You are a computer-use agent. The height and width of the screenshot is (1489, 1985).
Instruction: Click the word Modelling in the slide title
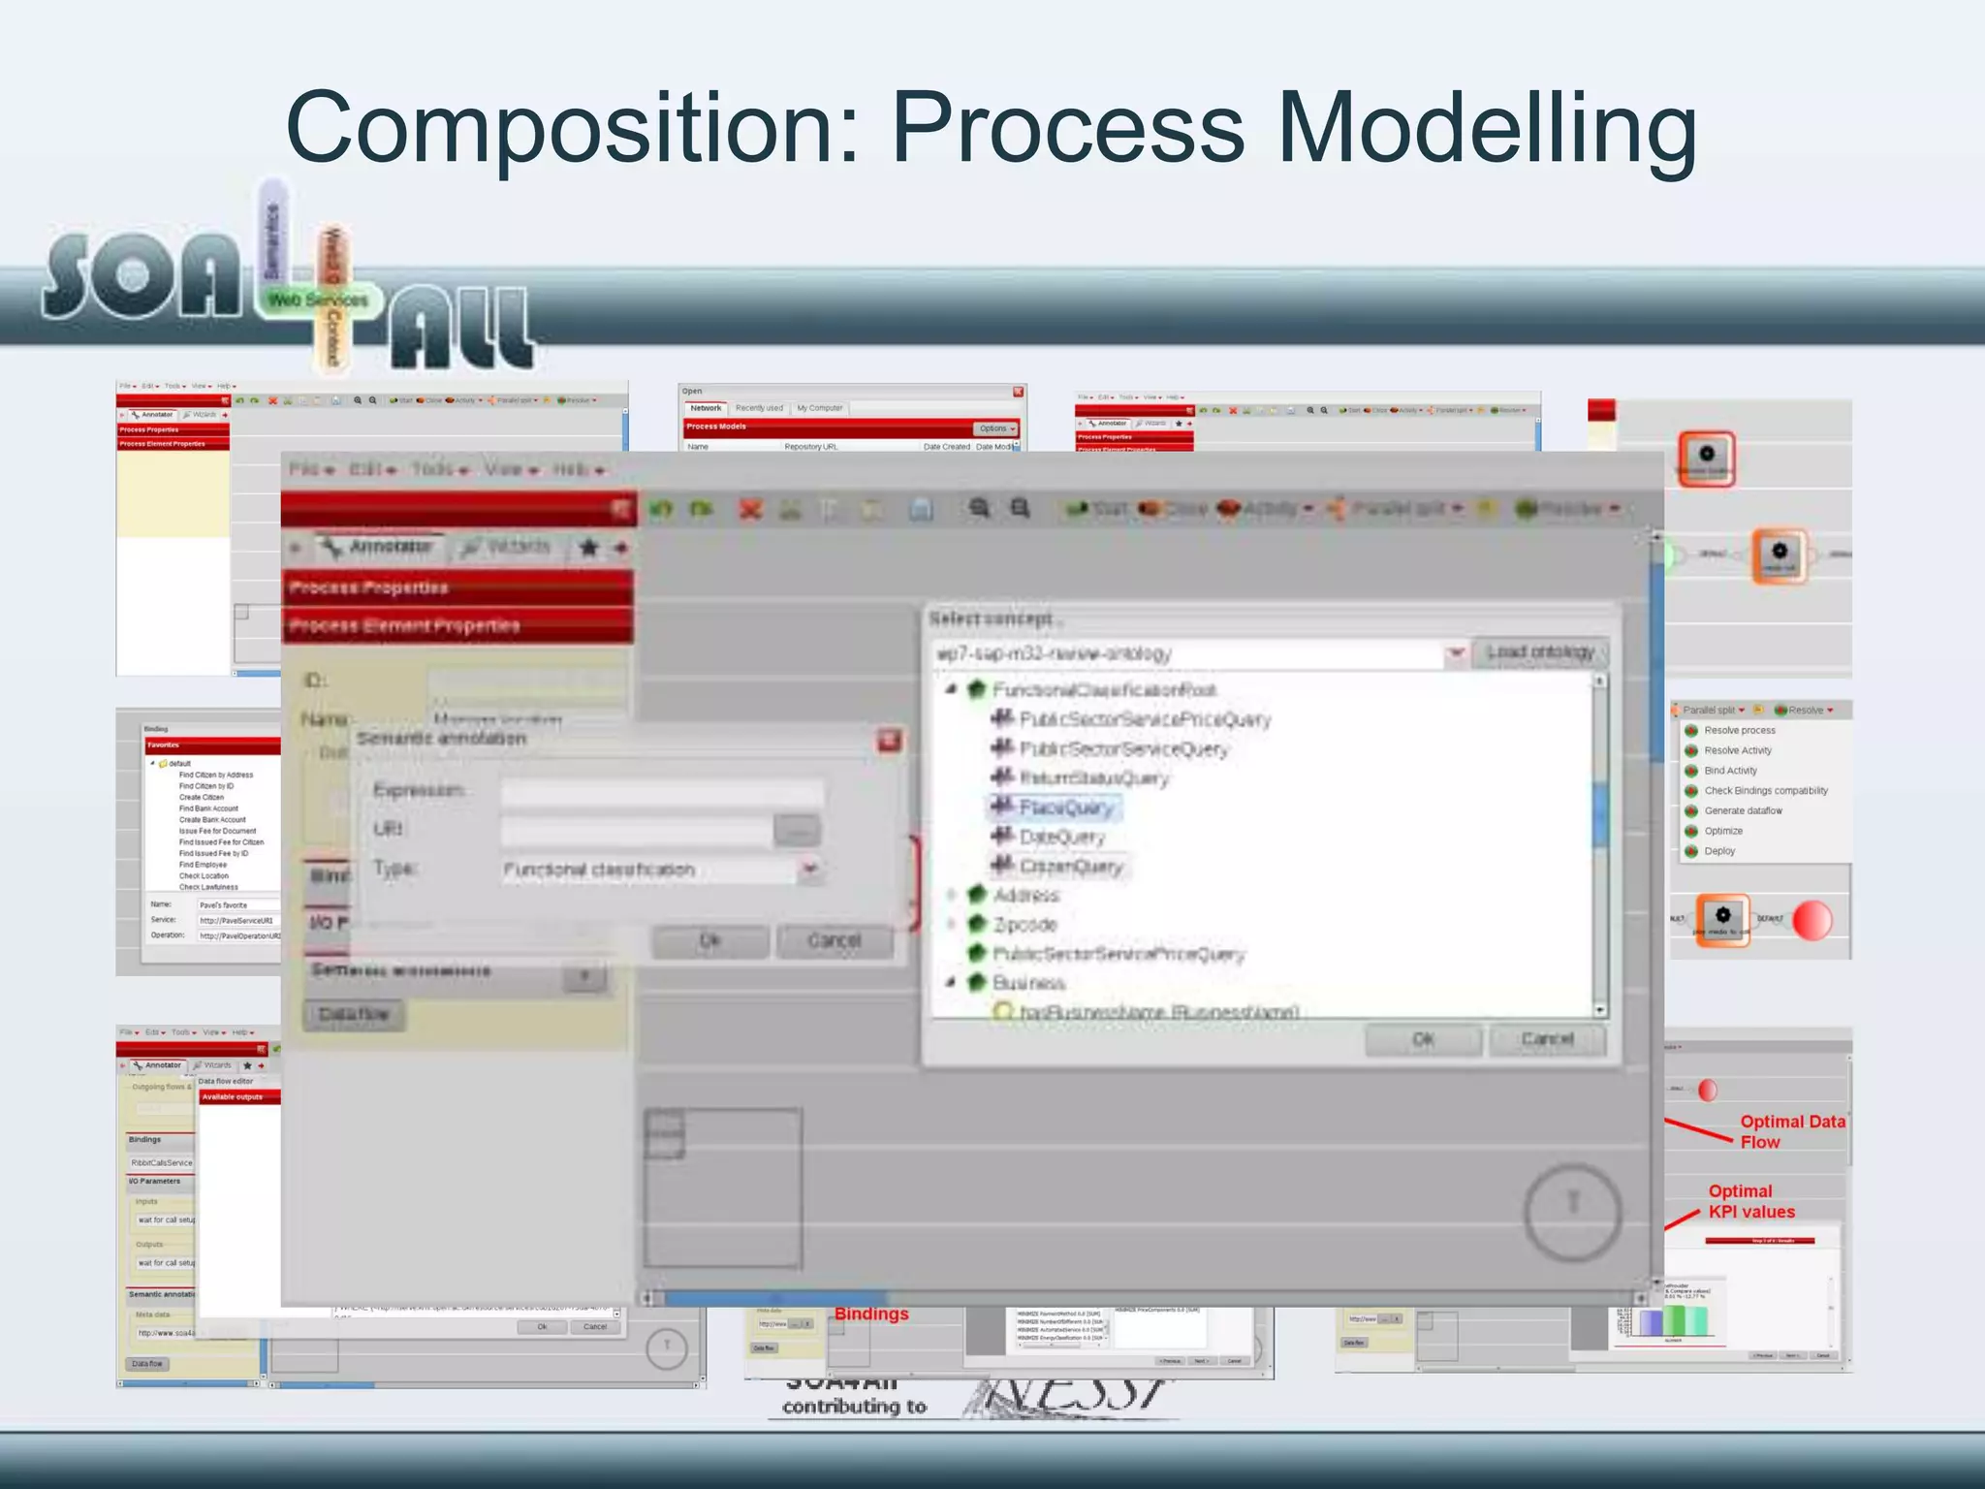1487,129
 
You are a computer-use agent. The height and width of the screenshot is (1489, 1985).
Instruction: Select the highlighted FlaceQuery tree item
1065,808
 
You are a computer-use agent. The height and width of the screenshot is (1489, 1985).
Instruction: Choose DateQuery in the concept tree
1061,837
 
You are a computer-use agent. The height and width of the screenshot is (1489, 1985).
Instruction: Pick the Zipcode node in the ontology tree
1024,925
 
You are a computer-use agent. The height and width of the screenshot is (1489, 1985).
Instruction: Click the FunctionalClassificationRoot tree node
1104,690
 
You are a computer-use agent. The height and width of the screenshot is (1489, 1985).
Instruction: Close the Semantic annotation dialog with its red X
889,742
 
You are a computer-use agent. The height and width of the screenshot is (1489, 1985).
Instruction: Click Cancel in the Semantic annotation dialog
835,940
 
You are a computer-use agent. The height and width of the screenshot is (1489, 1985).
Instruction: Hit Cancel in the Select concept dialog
1547,1039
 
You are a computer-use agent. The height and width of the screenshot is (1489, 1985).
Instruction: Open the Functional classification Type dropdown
810,870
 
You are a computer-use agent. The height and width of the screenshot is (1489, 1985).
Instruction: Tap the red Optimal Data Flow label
1791,1131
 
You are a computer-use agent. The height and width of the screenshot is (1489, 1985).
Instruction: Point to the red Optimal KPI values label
1750,1201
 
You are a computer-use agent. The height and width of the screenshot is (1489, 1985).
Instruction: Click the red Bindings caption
871,1315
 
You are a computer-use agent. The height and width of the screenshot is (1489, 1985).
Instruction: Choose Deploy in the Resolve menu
1719,851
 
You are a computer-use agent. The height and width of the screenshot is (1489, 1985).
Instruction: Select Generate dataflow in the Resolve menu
1743,810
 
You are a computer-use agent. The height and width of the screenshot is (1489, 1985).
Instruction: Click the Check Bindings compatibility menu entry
1765,791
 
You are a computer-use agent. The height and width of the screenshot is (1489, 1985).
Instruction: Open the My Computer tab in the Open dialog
819,408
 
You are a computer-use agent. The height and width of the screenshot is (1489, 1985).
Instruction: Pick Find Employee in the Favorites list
203,865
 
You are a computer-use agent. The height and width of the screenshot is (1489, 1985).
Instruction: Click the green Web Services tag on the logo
318,301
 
